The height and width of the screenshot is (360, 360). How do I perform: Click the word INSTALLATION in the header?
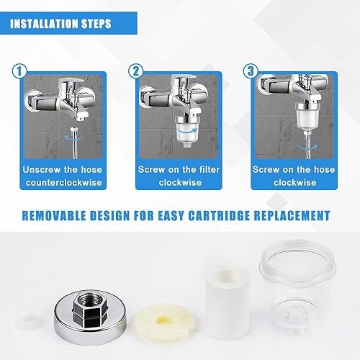pyautogui.click(x=43, y=24)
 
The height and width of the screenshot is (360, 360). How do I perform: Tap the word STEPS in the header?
pyautogui.click(x=96, y=24)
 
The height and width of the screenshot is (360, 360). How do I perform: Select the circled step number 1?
pyautogui.click(x=19, y=71)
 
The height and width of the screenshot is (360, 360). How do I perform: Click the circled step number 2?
pyautogui.click(x=135, y=71)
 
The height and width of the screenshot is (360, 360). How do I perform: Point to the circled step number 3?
pyautogui.click(x=251, y=71)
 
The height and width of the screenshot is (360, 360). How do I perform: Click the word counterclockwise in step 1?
pyautogui.click(x=64, y=183)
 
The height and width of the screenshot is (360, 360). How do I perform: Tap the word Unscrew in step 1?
pyautogui.click(x=42, y=170)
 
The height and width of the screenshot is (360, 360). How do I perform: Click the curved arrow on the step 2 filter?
pyautogui.click(x=189, y=132)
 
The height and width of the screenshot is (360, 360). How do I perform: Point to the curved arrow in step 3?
pyautogui.click(x=309, y=147)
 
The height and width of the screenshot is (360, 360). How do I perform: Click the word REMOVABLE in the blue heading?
pyautogui.click(x=54, y=215)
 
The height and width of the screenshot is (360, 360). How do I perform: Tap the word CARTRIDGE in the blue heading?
pyautogui.click(x=219, y=215)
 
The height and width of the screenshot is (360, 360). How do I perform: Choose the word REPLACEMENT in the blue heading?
pyautogui.click(x=292, y=215)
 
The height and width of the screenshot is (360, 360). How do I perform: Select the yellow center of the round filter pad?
pyautogui.click(x=163, y=320)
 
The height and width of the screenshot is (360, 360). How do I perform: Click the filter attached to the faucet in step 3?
pyautogui.click(x=305, y=116)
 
